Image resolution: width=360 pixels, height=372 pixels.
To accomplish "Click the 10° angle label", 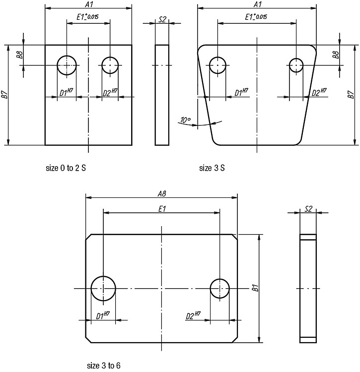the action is tap(185, 120).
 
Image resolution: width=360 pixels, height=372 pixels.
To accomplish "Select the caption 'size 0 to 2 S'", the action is tap(66, 168).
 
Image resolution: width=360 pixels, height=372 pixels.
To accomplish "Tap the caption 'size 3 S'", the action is tap(212, 168).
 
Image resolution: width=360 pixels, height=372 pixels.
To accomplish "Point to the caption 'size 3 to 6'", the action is tap(104, 366).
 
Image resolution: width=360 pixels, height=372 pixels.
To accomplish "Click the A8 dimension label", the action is tap(162, 194).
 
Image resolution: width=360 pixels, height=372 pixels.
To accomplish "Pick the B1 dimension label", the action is tap(255, 288).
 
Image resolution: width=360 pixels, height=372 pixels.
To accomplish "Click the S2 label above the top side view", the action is tap(162, 19).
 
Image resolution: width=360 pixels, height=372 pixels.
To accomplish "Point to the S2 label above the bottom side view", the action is tap(308, 209).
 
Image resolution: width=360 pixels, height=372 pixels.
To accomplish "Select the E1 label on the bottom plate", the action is tap(162, 209).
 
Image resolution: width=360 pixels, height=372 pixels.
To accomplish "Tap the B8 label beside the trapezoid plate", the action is tap(335, 55).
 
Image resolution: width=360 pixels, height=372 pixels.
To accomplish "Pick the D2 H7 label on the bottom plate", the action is tap(193, 316).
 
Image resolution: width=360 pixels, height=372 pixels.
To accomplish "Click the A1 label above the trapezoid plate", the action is tap(257, 4).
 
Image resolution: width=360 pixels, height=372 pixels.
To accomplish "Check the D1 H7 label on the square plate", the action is tap(66, 92).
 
